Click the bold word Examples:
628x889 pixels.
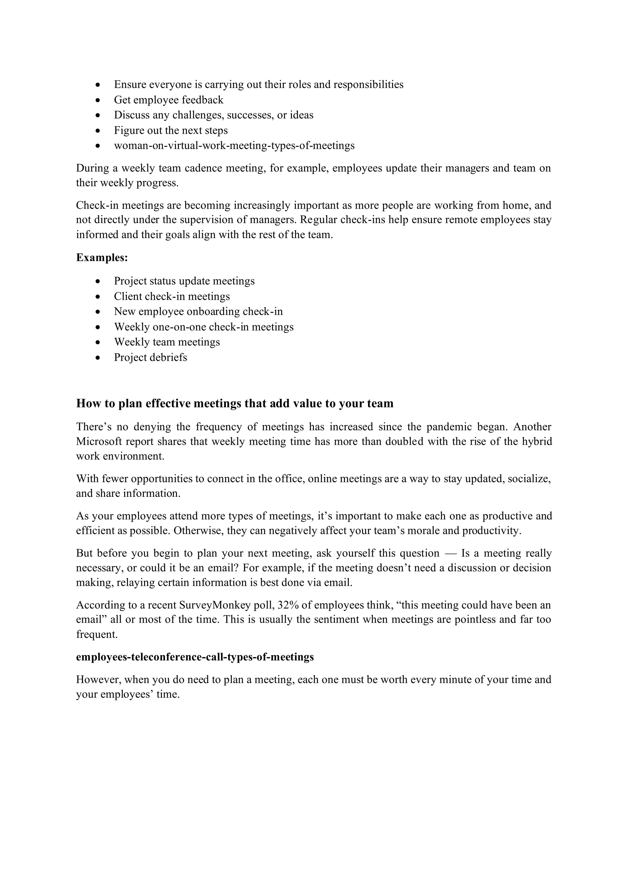pyautogui.click(x=102, y=257)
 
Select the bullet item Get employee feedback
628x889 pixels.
pyautogui.click(x=168, y=100)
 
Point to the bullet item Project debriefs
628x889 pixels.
pyautogui.click(x=150, y=358)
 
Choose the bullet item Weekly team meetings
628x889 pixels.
pyautogui.click(x=167, y=342)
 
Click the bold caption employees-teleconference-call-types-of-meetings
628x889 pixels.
pyautogui.click(x=195, y=657)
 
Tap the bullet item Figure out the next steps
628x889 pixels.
pyautogui.click(x=170, y=130)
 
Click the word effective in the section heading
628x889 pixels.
pyautogui.click(x=159, y=404)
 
